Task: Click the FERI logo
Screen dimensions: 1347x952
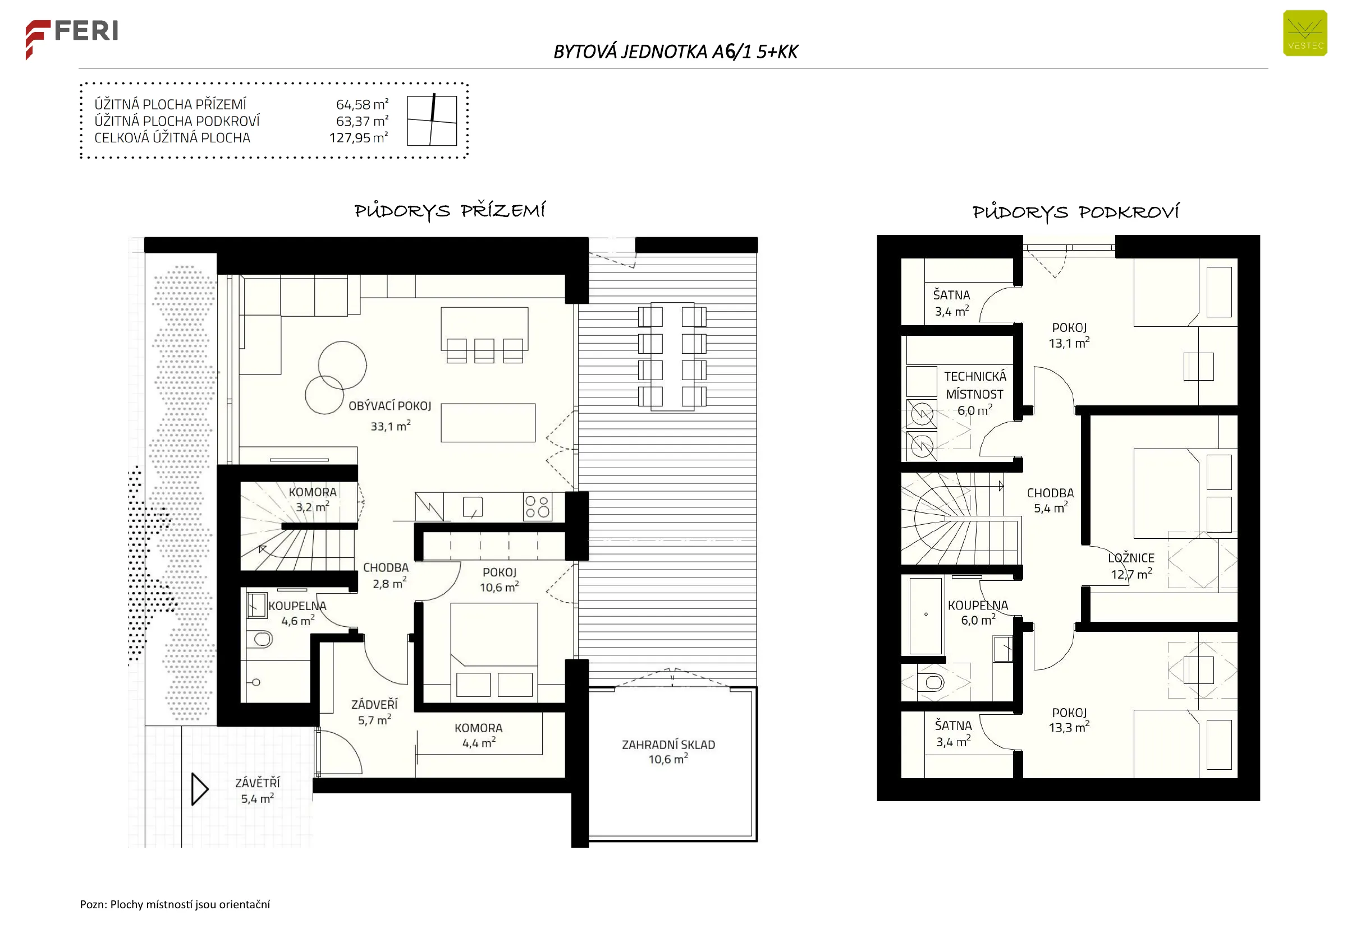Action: click(72, 39)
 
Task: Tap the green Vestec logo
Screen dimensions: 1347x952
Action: click(1305, 34)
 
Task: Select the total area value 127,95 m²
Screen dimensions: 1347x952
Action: click(359, 138)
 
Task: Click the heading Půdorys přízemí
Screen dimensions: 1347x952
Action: click(450, 210)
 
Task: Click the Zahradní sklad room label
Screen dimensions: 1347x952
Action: click(668, 752)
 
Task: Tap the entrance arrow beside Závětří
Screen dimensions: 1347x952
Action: click(200, 789)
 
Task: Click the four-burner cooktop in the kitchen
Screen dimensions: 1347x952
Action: click(537, 506)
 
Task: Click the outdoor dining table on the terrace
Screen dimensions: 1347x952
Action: click(672, 356)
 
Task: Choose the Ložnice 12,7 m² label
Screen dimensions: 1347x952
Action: click(1131, 566)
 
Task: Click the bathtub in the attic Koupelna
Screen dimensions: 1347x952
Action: click(926, 616)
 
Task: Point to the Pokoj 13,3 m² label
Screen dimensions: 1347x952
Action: click(1070, 720)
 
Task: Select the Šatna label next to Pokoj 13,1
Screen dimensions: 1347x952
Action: click(951, 295)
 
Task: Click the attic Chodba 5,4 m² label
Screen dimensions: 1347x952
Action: click(1051, 501)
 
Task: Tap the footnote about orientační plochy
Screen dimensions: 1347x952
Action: click(175, 904)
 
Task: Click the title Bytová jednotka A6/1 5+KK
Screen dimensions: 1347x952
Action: click(675, 52)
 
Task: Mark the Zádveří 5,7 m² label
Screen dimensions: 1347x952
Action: click(374, 712)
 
